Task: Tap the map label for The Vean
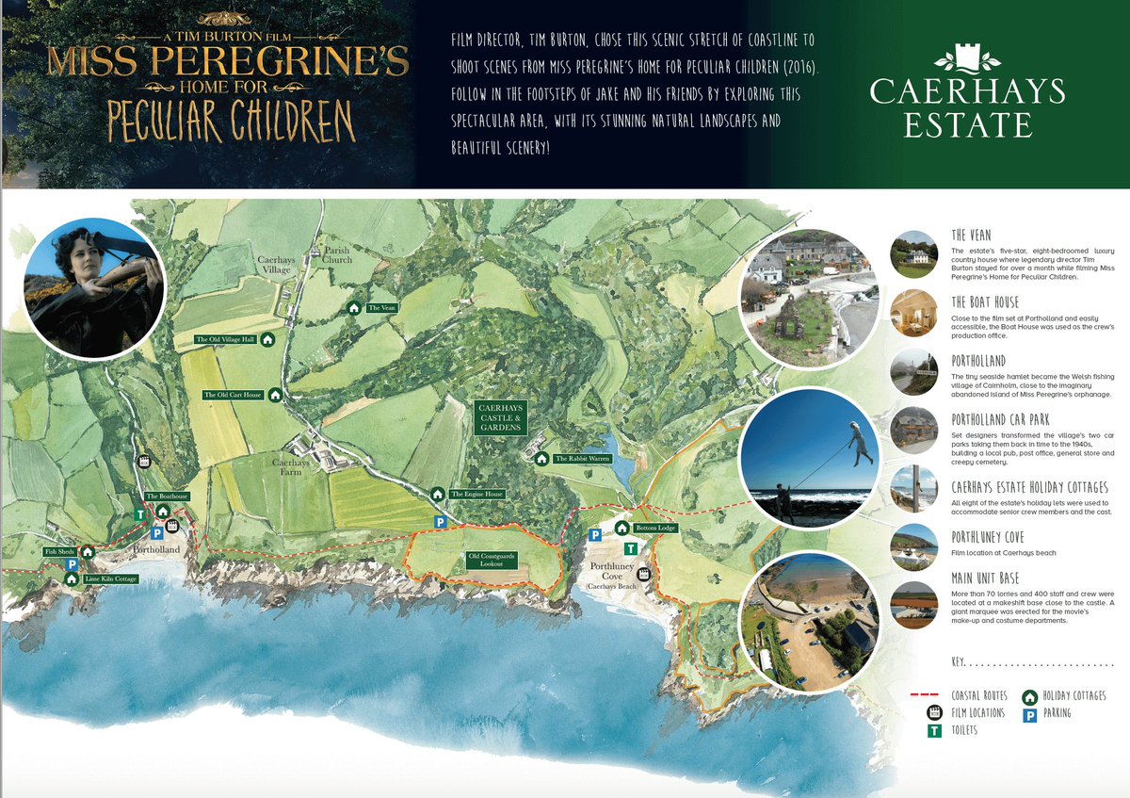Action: (380, 308)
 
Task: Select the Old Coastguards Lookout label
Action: (487, 560)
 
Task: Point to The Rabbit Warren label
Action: (582, 459)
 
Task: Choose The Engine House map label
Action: (476, 494)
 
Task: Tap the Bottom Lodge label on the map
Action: (654, 529)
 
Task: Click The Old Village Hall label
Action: (225, 339)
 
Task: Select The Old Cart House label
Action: (233, 395)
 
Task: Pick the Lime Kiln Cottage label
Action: (110, 578)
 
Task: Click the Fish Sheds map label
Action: (57, 552)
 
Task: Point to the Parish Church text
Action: (336, 255)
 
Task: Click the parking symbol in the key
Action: (1030, 714)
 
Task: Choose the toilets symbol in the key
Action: (936, 730)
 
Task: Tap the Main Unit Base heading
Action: (985, 578)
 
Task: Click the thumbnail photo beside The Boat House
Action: (913, 313)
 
